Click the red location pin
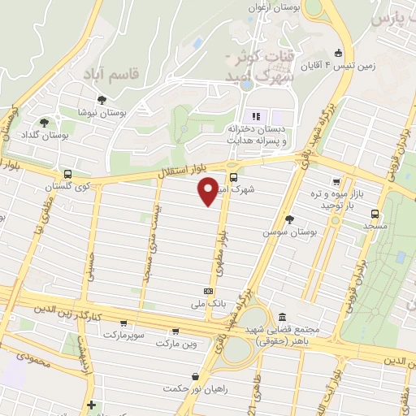(x=209, y=192)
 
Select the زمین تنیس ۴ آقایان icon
(x=339, y=54)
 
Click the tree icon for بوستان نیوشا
(x=101, y=100)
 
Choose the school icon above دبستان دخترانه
(x=257, y=116)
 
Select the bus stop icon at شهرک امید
(x=234, y=177)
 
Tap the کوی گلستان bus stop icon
(x=67, y=175)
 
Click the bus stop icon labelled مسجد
(x=374, y=214)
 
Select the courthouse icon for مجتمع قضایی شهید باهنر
(x=282, y=316)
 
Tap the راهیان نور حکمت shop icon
(x=196, y=376)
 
